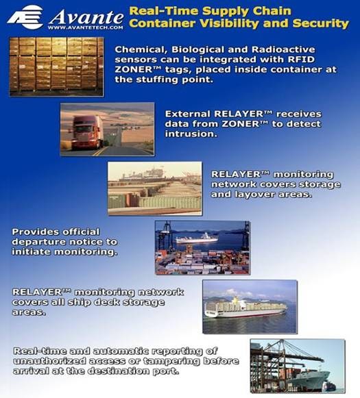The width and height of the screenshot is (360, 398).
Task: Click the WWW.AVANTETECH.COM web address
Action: (86, 28)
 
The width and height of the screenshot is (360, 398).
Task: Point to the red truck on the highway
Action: (87, 130)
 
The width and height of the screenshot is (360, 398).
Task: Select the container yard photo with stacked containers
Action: (155, 188)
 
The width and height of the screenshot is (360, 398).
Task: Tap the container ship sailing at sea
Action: (245, 308)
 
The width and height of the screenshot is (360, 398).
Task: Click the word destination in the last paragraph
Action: (123, 371)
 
